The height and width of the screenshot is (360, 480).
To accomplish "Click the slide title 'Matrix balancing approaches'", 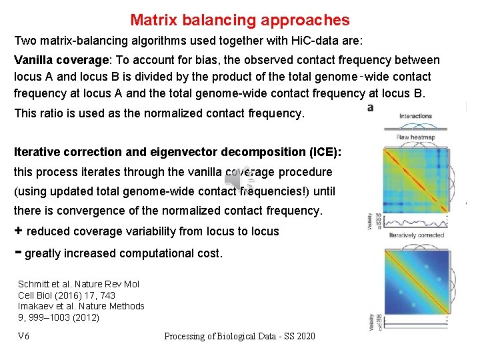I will pos(239,21).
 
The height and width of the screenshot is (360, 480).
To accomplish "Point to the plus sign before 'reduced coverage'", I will pos(18,231).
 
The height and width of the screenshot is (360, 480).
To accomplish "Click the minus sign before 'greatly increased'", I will pos(18,252).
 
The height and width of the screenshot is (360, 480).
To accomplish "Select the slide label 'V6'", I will pos(23,336).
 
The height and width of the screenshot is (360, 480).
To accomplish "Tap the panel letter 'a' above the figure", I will pos(370,107).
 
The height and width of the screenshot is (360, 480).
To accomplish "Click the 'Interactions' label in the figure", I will pos(415,116).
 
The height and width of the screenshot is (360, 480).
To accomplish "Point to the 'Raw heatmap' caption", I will pos(415,137).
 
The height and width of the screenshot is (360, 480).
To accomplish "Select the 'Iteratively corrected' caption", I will pos(416,235).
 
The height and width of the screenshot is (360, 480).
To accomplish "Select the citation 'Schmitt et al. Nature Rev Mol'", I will pos(79,283).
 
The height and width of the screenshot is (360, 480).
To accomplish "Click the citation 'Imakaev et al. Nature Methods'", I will pos(81,306).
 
